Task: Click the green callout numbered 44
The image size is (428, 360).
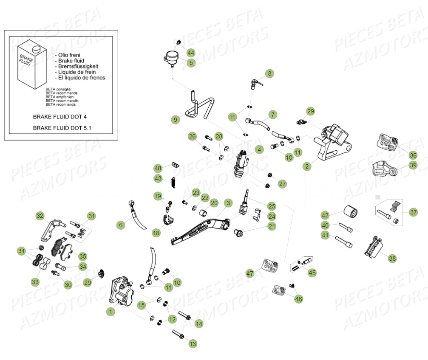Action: pyautogui.click(x=190, y=53)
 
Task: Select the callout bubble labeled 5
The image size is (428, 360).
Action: pyautogui.click(x=190, y=63)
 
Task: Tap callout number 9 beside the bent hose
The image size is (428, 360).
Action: pyautogui.click(x=176, y=120)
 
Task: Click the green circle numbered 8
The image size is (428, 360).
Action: pyautogui.click(x=269, y=73)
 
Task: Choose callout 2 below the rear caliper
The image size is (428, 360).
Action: pyautogui.click(x=307, y=166)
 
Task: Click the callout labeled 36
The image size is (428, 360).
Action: pyautogui.click(x=413, y=155)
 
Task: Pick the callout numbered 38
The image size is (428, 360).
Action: pyautogui.click(x=392, y=258)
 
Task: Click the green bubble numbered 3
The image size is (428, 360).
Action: pyautogui.click(x=228, y=203)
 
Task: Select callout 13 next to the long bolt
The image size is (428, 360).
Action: pyautogui.click(x=193, y=343)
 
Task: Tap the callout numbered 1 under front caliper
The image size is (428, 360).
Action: pyautogui.click(x=111, y=312)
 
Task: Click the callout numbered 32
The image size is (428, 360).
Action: pyautogui.click(x=40, y=216)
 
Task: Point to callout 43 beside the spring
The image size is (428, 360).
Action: pyautogui.click(x=158, y=179)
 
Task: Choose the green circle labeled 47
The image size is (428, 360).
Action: pyautogui.click(x=250, y=274)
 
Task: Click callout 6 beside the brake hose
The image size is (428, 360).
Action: pyautogui.click(x=121, y=225)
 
